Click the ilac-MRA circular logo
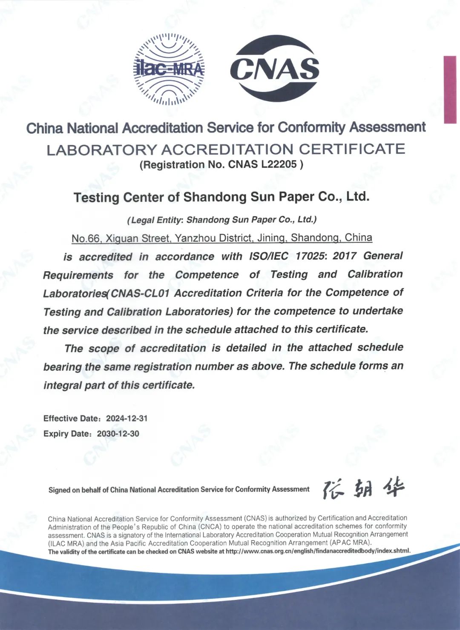click(x=169, y=69)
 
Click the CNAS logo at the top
click(x=275, y=69)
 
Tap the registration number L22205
click(x=279, y=164)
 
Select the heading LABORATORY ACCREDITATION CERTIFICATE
click(x=226, y=149)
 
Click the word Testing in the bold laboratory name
click(x=97, y=198)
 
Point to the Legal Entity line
click(x=222, y=220)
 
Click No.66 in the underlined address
click(x=85, y=238)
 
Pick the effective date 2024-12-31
click(x=126, y=418)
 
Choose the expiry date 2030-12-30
click(x=118, y=434)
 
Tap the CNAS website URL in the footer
click(x=318, y=551)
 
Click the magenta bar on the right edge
click(x=450, y=89)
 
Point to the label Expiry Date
click(x=67, y=434)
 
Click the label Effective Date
click(x=71, y=418)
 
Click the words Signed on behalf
click(x=75, y=490)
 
